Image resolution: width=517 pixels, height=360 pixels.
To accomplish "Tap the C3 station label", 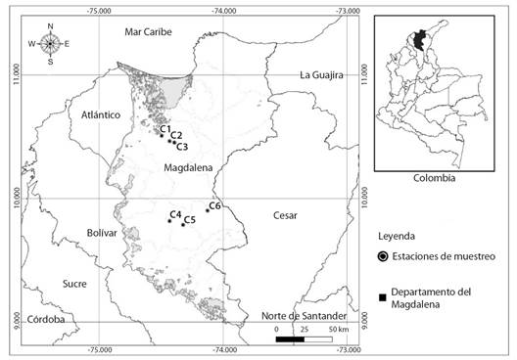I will coord(182,146).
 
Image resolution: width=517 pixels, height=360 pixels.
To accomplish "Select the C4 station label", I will coord(175,213).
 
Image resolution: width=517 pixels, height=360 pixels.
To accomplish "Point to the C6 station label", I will coord(214,205).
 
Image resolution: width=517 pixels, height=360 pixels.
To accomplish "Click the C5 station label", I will coord(190,220).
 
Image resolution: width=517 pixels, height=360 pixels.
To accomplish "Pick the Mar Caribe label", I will coord(149,32).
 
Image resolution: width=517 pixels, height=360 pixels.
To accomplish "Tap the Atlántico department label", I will coord(101,114).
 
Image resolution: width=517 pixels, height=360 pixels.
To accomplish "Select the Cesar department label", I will coord(285,215).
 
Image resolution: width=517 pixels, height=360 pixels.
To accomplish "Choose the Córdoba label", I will coord(46,319).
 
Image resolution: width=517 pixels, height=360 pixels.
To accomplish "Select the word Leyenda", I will coord(398,237).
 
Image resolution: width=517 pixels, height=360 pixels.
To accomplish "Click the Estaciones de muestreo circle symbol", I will coord(382,256).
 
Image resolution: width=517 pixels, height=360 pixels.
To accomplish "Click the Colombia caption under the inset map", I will coord(433,178).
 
